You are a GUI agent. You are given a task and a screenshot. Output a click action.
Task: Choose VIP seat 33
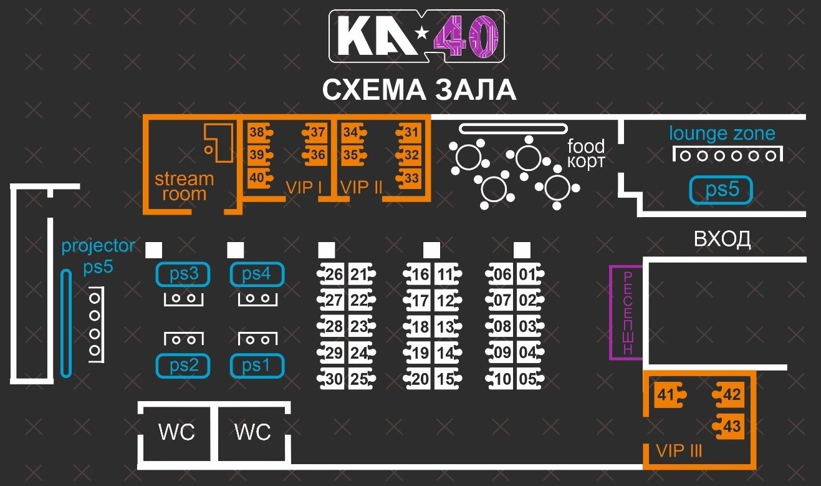pos(409,178)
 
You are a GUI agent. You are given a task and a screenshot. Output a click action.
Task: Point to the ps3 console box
pos(183,274)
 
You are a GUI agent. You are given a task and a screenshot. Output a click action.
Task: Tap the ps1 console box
pos(257,366)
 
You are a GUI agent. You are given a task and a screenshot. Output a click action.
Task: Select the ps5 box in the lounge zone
pos(721,190)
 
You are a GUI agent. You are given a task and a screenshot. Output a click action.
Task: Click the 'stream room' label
pos(184,187)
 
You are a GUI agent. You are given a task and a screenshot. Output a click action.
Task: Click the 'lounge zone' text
pos(722,134)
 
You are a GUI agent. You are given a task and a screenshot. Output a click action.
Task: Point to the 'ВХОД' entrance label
pos(722,239)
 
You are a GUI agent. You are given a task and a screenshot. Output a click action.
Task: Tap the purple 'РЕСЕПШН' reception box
pos(627,312)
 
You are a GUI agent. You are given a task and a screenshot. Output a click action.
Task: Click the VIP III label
pos(679,451)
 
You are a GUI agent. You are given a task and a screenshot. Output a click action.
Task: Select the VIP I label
pos(304,187)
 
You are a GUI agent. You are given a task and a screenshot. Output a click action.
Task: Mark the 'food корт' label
pos(586,153)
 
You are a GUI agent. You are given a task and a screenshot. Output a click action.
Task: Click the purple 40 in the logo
pos(466,36)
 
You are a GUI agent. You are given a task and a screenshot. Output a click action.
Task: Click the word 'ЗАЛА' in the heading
pos(476,90)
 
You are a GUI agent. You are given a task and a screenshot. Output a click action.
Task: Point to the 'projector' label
pos(98,246)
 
